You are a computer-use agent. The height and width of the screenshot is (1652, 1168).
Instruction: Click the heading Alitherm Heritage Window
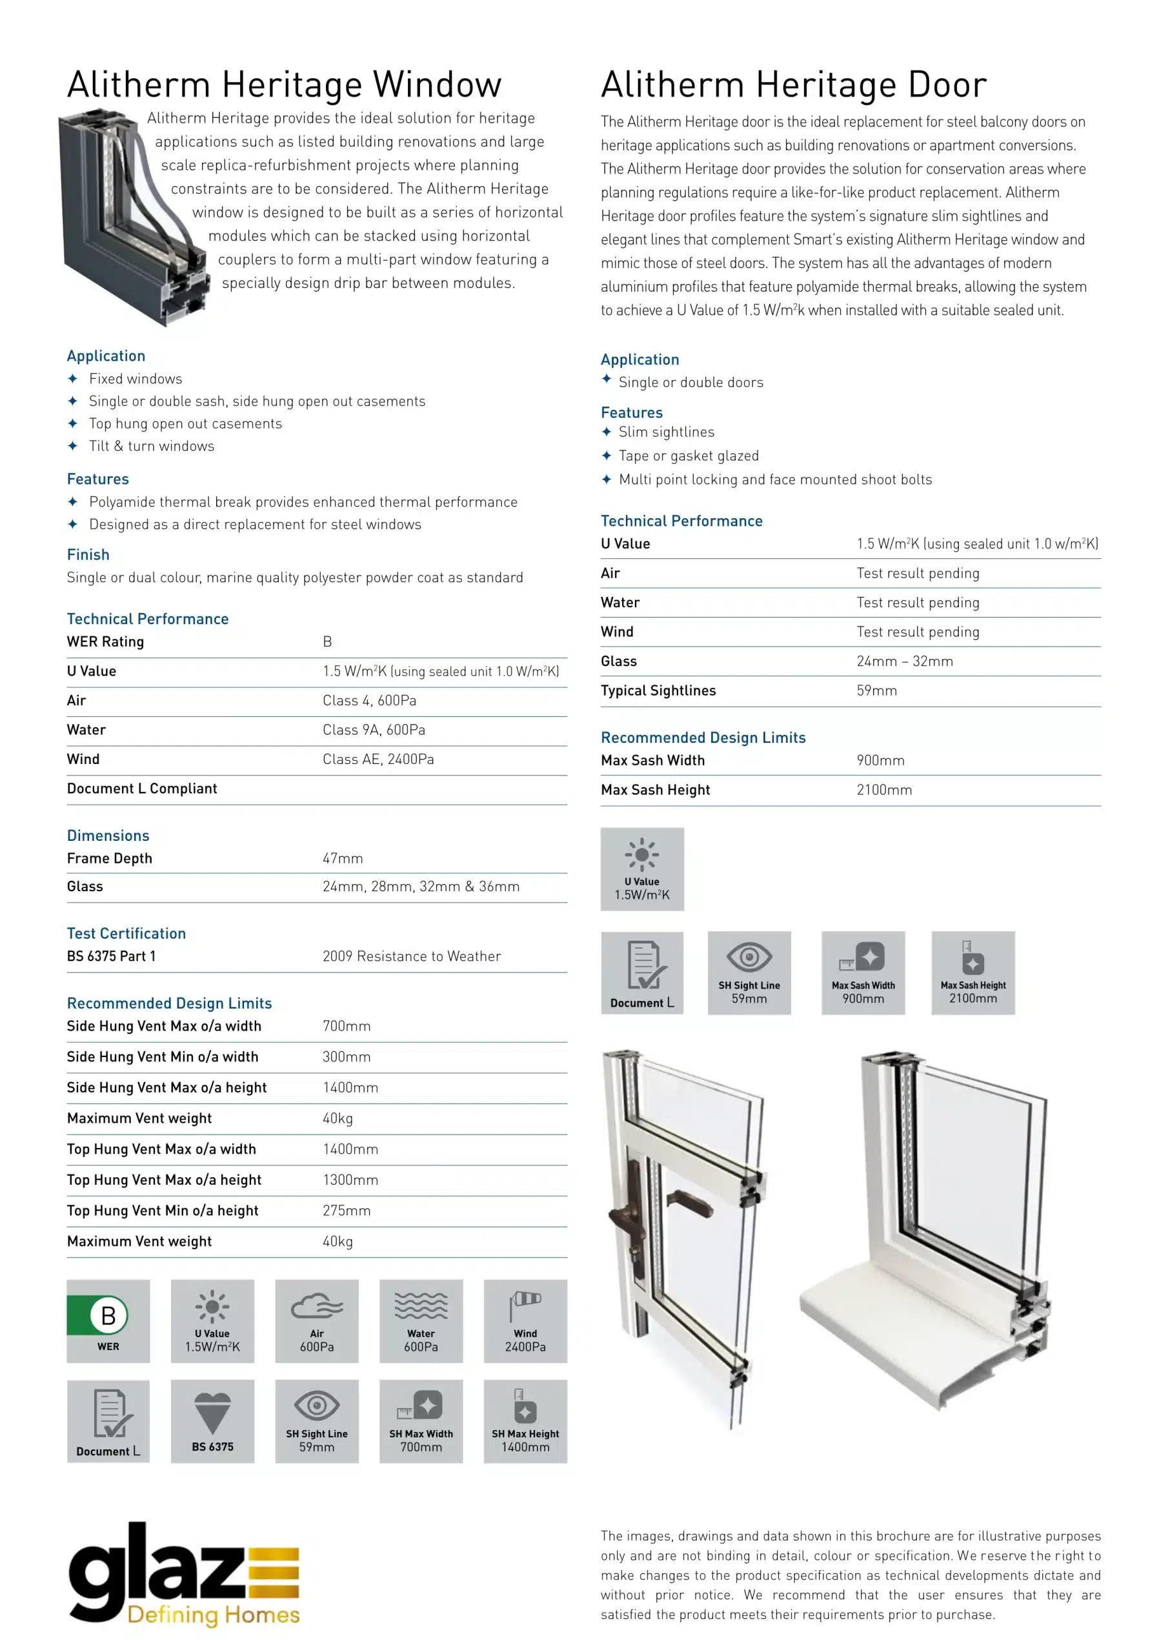point(285,85)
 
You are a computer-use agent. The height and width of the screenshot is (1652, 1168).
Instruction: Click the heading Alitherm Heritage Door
point(793,85)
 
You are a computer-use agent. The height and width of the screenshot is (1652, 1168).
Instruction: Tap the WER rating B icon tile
point(108,1320)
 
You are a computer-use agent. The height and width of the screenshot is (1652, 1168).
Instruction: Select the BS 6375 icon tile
point(212,1421)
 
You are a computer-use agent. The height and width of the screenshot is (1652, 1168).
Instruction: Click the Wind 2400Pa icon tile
point(525,1320)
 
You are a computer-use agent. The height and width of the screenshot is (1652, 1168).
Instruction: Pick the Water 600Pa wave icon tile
point(421,1320)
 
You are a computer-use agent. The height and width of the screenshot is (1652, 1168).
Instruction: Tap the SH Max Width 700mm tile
point(421,1421)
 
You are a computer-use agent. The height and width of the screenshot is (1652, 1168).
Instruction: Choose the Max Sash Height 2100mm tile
point(972,972)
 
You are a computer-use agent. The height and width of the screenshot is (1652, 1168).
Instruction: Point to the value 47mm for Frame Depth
point(343,858)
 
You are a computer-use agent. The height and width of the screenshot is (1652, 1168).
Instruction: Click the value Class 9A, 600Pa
point(374,730)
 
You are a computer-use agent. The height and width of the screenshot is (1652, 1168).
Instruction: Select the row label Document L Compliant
point(142,789)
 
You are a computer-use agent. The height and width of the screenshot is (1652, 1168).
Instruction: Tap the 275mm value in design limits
point(346,1211)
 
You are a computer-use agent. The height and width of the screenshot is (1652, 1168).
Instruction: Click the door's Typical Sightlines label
point(658,690)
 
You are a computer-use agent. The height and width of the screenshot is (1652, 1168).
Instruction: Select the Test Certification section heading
point(126,933)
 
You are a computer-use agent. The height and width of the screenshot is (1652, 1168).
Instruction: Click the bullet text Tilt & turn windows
point(151,446)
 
